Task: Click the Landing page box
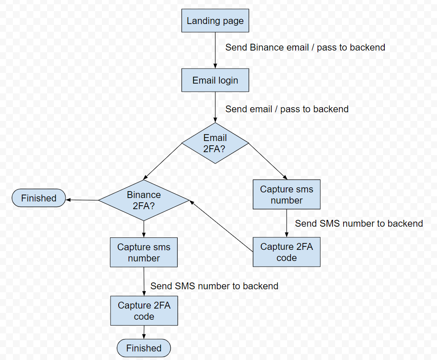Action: click(215, 21)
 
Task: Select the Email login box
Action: click(215, 80)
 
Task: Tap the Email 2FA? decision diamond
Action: click(215, 143)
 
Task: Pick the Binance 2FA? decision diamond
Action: click(144, 200)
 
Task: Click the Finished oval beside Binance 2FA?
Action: click(39, 198)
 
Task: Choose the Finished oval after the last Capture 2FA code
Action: click(144, 348)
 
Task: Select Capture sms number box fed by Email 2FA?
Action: click(286, 195)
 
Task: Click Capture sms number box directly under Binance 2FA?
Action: click(144, 252)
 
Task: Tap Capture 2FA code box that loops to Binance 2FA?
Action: click(286, 252)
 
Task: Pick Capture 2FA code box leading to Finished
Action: click(144, 311)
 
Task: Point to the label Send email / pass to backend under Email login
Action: click(287, 109)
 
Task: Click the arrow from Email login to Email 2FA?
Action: click(215, 107)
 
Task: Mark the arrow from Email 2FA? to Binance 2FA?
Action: click(163, 162)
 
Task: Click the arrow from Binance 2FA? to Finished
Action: click(82, 200)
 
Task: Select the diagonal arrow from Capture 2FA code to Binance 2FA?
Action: click(221, 225)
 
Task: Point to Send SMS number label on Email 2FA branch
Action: click(359, 223)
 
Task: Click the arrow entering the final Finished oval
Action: click(144, 332)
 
